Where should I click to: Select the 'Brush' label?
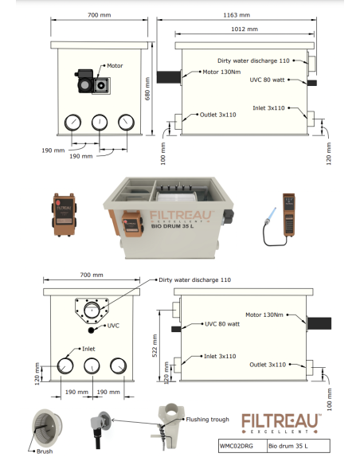click(45, 451)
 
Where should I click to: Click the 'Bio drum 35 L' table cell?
click(289, 448)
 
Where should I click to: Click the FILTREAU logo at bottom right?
click(281, 422)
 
